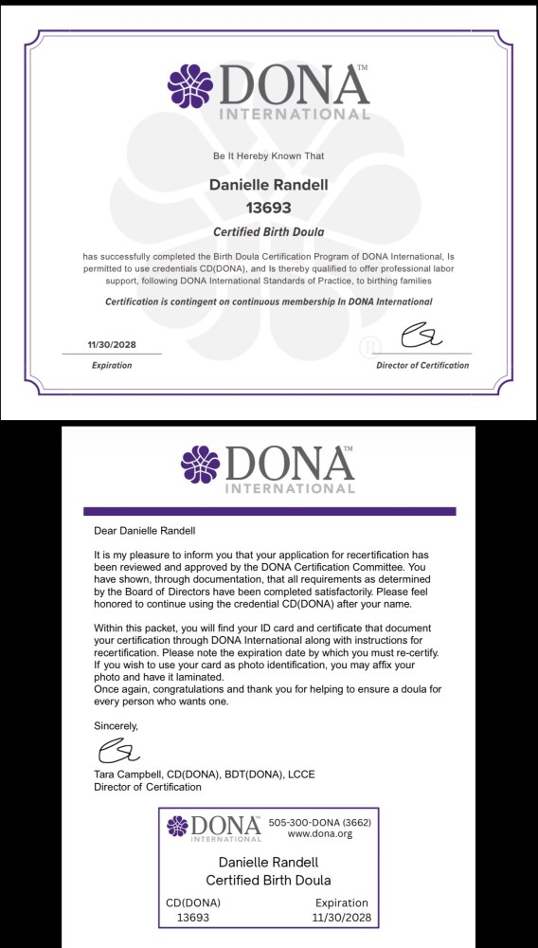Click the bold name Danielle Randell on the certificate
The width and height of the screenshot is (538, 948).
tap(268, 185)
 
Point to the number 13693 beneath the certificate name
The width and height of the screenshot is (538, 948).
tap(268, 208)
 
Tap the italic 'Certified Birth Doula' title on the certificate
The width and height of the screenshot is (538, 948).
tap(268, 232)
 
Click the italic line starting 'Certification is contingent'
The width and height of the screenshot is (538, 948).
tap(268, 301)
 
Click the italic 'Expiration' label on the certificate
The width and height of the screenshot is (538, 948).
tap(111, 365)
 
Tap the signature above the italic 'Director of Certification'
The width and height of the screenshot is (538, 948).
tap(421, 337)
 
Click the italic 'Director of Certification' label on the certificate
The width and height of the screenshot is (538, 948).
tap(421, 365)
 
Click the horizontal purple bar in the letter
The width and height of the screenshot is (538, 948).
tap(269, 511)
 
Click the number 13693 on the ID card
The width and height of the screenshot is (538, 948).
tap(193, 918)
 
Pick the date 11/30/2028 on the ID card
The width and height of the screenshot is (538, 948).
tap(341, 918)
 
